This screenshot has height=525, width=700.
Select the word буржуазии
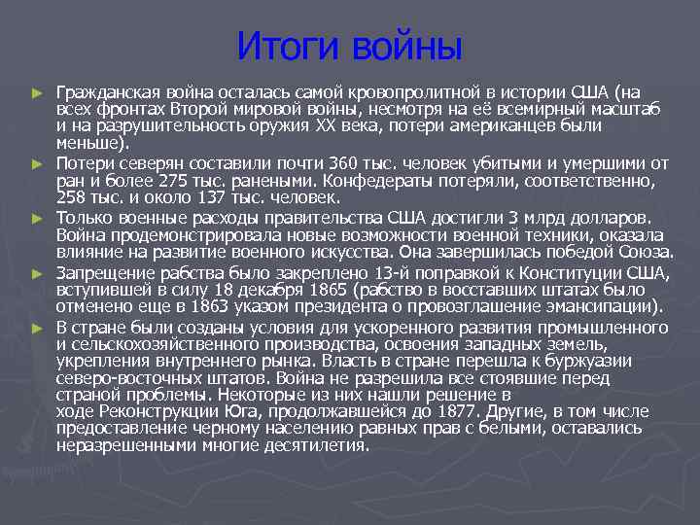(x=590, y=361)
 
